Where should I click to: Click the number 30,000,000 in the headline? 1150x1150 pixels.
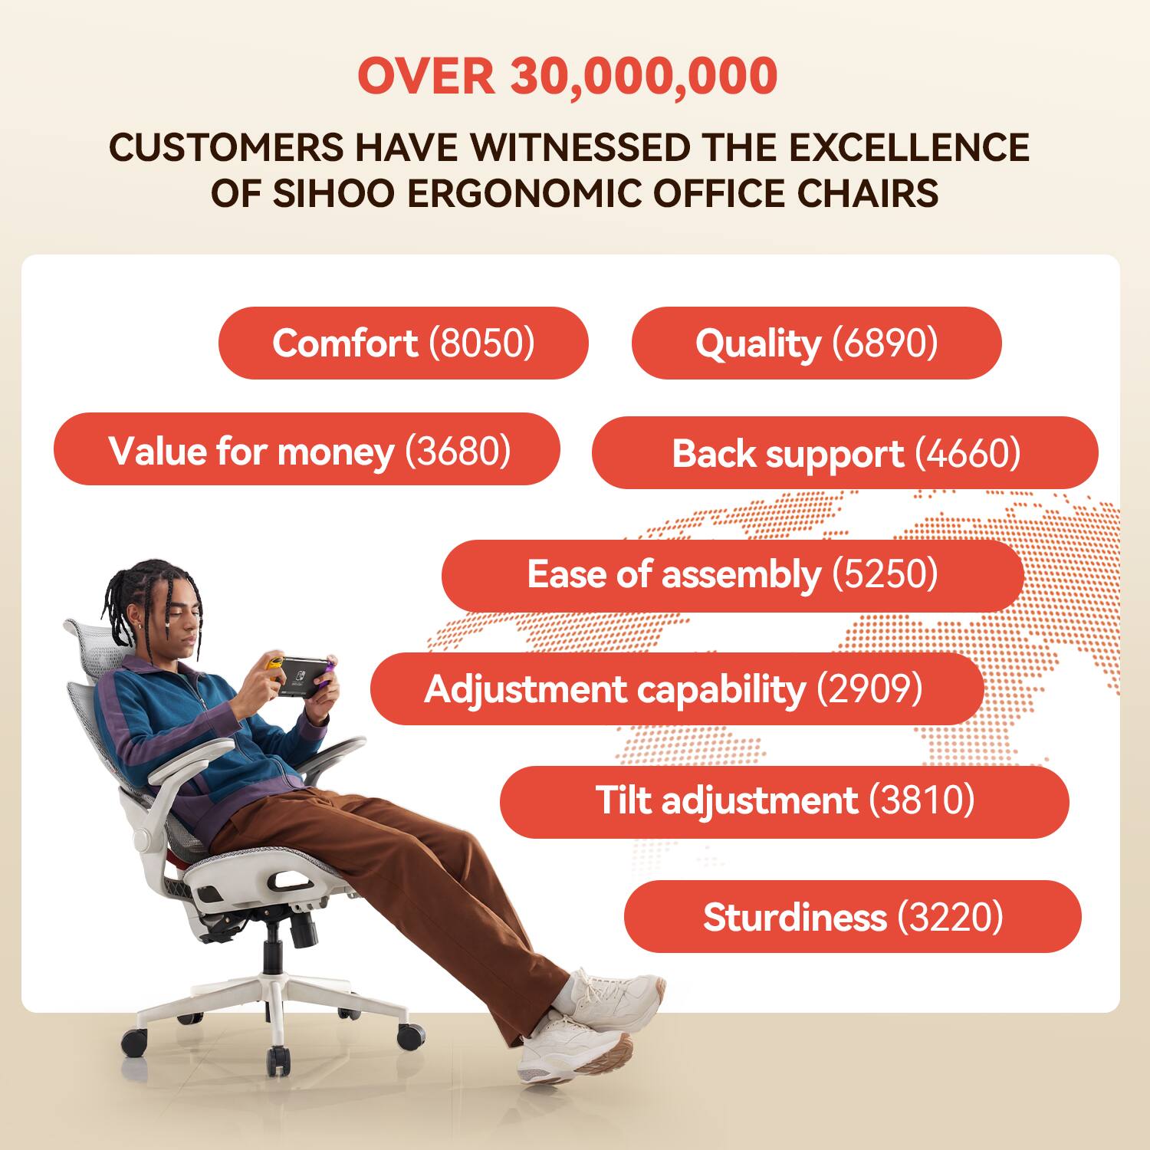(x=644, y=77)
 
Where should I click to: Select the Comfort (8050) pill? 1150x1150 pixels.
(x=403, y=343)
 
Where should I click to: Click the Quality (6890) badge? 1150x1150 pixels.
(x=816, y=343)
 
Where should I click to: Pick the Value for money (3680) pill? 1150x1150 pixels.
(x=307, y=450)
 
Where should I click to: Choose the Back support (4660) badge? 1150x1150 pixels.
(x=845, y=453)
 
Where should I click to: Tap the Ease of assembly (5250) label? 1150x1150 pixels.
(x=732, y=575)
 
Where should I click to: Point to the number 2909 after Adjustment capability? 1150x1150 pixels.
(x=869, y=689)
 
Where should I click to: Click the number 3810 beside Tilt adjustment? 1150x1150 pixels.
(x=922, y=800)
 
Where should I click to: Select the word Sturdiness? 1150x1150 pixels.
(x=795, y=917)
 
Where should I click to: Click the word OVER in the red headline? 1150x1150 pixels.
(x=426, y=77)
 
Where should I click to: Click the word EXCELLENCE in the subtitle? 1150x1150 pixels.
(x=909, y=147)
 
